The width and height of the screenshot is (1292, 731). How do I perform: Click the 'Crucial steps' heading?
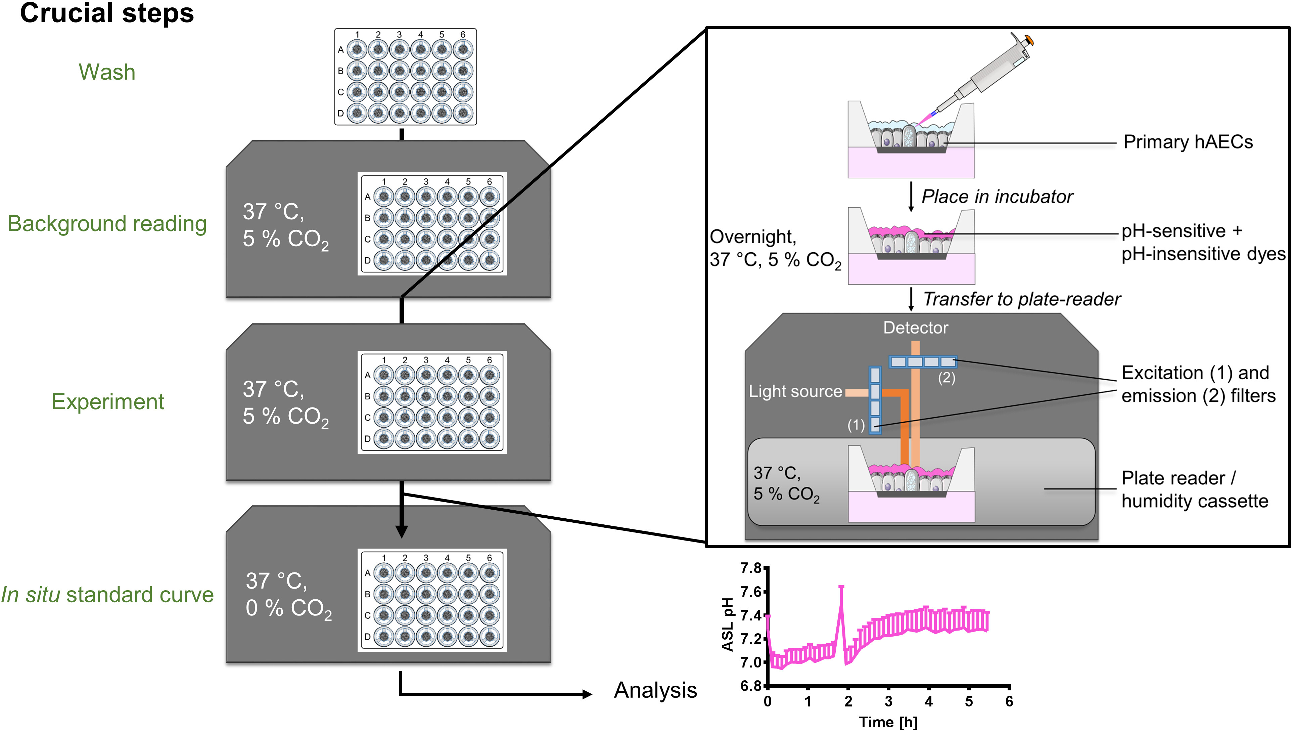coord(107,13)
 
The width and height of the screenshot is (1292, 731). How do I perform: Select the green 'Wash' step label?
coord(107,72)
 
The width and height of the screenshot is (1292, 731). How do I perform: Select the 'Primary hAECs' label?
coord(1188,142)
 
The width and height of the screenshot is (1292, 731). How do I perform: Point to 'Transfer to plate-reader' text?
coord(1022,299)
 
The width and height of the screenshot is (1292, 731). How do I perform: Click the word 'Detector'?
coord(916,328)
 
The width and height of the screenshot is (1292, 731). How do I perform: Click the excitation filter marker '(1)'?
coord(856,425)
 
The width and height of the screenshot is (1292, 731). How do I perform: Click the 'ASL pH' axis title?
coord(728,625)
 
